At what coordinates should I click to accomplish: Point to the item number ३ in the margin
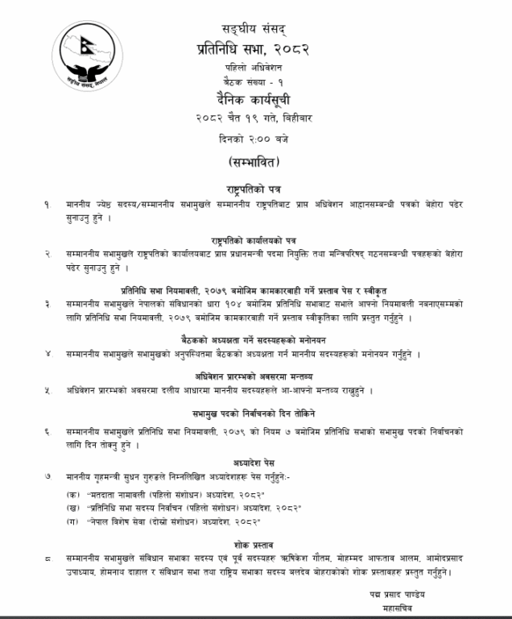point(48,305)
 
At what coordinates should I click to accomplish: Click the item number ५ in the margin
point(48,390)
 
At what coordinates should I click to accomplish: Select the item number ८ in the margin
point(48,558)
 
